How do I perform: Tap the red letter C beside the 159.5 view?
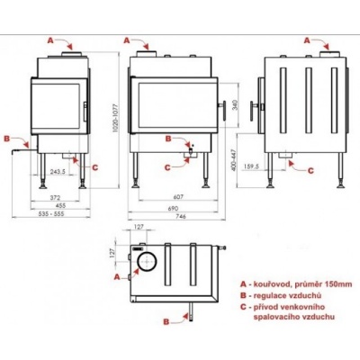[x=310, y=169]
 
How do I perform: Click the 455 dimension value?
[x=58, y=206]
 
